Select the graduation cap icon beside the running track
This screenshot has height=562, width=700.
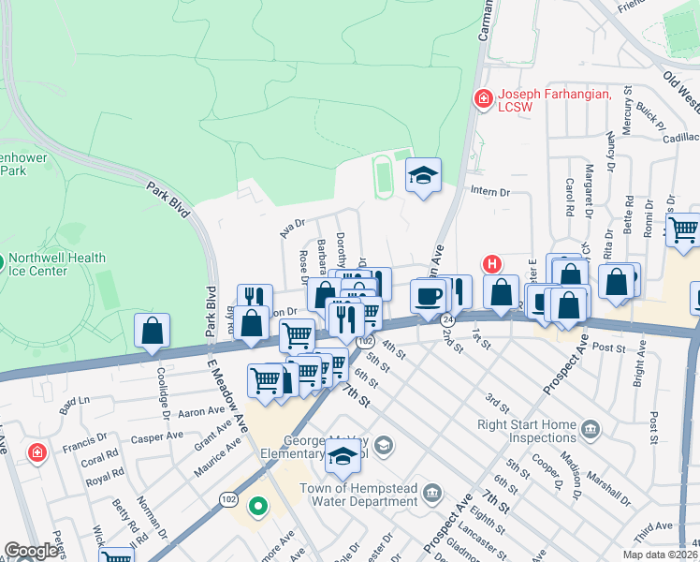coord(423,175)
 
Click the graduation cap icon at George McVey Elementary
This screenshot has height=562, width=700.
coord(343,457)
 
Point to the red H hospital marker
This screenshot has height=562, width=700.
coord(492,265)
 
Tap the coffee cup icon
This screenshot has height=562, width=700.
coord(429,296)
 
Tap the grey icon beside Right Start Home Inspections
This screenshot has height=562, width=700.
coord(590,430)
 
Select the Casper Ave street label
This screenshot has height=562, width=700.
coord(157,436)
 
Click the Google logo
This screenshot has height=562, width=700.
coord(31,550)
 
